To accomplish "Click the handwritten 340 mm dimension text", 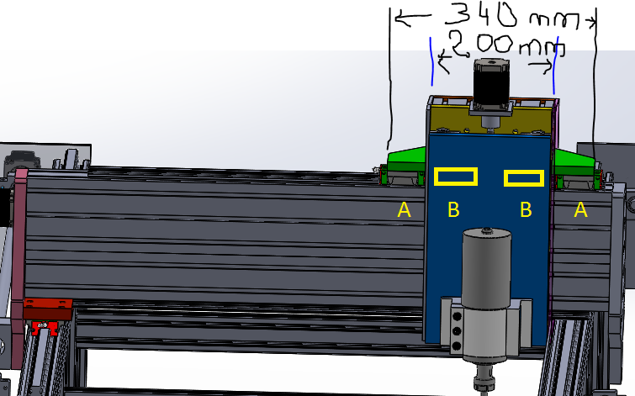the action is click(513, 16).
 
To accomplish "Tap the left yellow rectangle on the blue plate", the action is click(456, 177).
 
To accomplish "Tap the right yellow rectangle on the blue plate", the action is click(524, 178).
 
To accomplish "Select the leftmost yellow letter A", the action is click(405, 209).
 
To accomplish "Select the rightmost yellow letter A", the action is click(580, 209).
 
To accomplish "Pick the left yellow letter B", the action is click(453, 209).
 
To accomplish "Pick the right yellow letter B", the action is click(526, 209).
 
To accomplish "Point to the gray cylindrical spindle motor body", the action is click(486, 268).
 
